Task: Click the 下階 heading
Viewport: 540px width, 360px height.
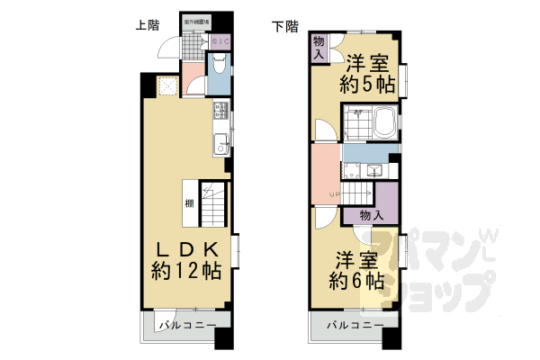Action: tap(284, 25)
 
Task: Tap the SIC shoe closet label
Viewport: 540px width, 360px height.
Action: tap(221, 41)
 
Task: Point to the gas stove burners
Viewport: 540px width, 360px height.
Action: tap(220, 112)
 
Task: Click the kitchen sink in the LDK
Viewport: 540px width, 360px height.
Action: tap(220, 142)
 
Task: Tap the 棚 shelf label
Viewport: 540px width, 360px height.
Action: tap(190, 202)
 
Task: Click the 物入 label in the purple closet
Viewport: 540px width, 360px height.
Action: tap(371, 216)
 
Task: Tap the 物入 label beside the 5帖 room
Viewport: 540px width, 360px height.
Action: tap(319, 48)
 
